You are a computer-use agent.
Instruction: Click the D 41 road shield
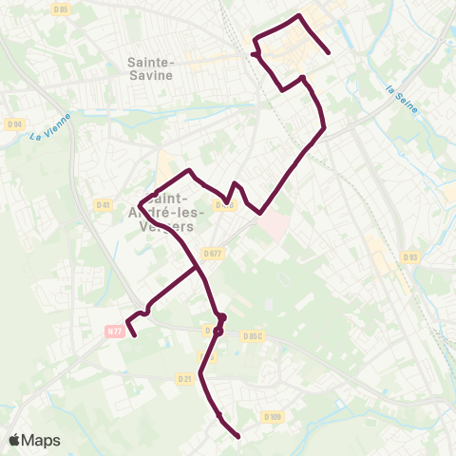point(104,204)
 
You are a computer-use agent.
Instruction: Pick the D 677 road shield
point(213,253)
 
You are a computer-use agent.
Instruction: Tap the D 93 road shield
point(409,256)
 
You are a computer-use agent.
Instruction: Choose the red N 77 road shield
point(115,331)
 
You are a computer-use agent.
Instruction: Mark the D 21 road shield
point(184,379)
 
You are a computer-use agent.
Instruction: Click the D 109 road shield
point(273,416)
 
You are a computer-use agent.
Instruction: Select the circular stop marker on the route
point(218,332)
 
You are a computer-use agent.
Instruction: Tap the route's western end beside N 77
point(134,334)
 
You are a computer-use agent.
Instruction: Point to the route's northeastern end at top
point(329,52)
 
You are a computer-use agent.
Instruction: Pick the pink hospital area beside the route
point(273,225)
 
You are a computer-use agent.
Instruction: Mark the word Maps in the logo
point(41,440)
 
